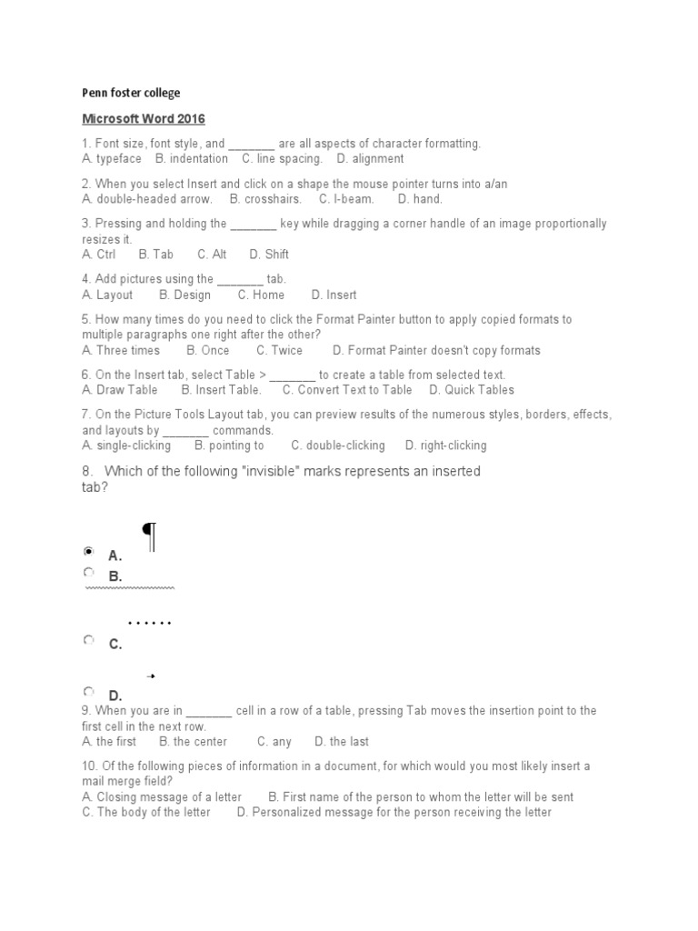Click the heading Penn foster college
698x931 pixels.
coord(131,93)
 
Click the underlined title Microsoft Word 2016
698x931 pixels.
coord(144,119)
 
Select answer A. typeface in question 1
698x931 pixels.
coord(112,158)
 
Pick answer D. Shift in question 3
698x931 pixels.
coord(269,255)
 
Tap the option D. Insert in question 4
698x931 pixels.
coord(334,295)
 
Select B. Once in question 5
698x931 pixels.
coord(208,350)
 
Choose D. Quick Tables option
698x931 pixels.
coord(472,390)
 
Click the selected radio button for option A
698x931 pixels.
coord(88,552)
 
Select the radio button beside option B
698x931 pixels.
coord(88,573)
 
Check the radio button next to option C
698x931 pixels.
coord(88,640)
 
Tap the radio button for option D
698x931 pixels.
coord(88,692)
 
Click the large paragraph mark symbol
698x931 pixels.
coord(150,536)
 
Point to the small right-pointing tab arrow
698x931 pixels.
coord(151,676)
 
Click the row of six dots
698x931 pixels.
coord(150,624)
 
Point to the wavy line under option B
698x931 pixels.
coord(129,588)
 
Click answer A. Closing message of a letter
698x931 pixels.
coord(162,797)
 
